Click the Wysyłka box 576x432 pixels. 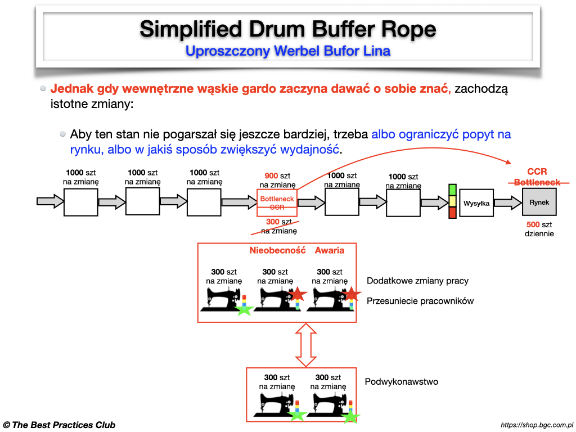point(476,203)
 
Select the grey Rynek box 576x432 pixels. point(539,202)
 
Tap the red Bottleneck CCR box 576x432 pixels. point(277,203)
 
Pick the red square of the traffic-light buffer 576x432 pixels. point(452,213)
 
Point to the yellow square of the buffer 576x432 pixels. point(452,201)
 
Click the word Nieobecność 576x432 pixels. point(277,250)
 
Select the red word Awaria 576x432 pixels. point(330,250)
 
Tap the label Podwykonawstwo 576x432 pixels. point(401,382)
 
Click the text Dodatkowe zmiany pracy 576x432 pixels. point(417,281)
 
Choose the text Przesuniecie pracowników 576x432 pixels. point(420,301)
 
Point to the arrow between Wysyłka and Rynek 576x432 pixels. point(507,203)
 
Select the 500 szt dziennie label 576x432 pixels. point(539,229)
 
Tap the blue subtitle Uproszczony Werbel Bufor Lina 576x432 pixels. point(287,51)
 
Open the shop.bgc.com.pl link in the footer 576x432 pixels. point(536,425)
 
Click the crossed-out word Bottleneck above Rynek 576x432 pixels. point(538,182)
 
